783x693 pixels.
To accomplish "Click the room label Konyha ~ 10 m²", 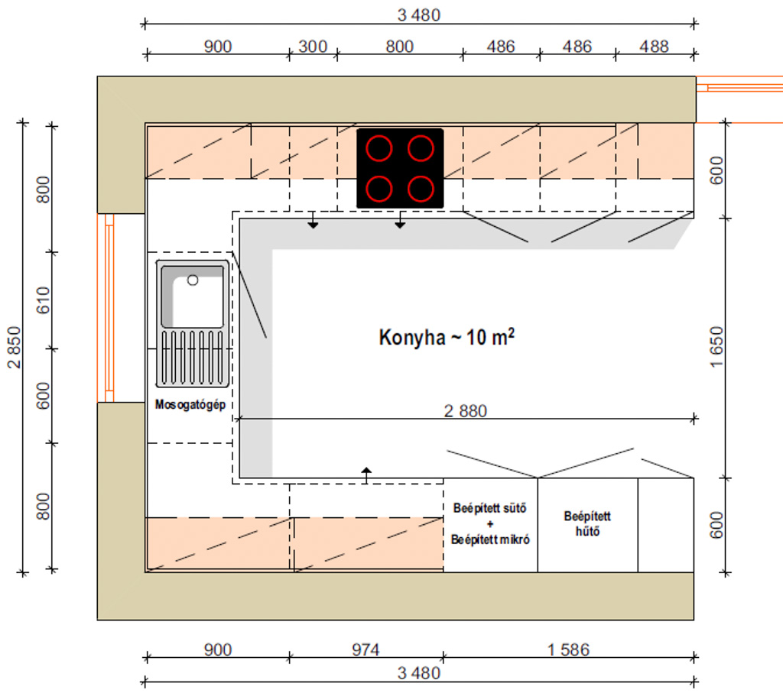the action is click(447, 337).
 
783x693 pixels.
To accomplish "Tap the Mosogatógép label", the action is click(190, 405).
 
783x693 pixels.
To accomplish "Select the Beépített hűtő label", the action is click(587, 523).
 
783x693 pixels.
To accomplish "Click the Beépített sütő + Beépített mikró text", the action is click(490, 524).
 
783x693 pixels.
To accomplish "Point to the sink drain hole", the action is click(193, 280).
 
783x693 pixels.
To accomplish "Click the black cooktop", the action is click(400, 168).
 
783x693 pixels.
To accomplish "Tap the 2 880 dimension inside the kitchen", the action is click(466, 410).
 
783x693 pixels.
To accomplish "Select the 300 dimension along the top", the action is click(313, 47).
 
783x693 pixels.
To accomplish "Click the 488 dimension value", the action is click(654, 47).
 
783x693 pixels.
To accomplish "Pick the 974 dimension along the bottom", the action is click(366, 649).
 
